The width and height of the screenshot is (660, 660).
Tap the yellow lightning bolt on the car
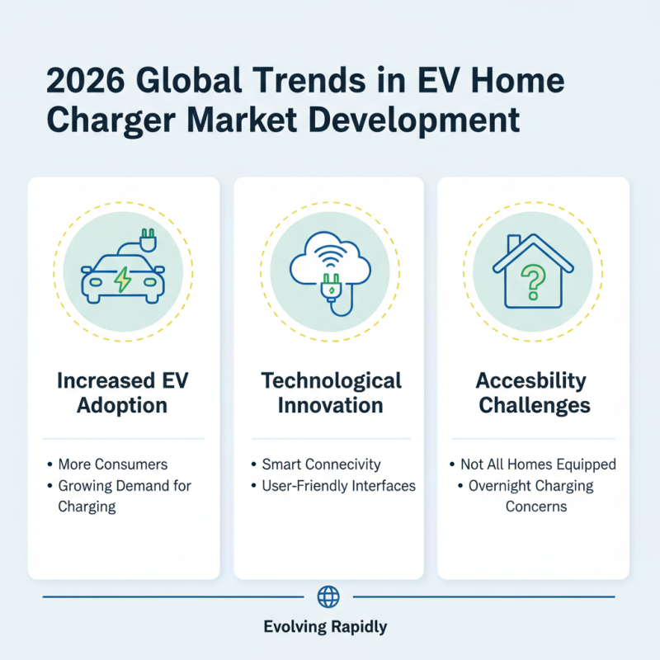[x=122, y=280]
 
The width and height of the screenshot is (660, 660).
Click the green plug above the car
[x=148, y=239]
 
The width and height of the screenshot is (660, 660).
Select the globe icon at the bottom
[x=328, y=596]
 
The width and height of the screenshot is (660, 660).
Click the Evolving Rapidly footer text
[x=325, y=627]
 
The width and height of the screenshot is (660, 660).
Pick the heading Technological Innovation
[x=331, y=393]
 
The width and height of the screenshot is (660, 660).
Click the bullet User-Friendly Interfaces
[x=338, y=485]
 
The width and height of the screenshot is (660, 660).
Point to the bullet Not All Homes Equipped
[x=538, y=464]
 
